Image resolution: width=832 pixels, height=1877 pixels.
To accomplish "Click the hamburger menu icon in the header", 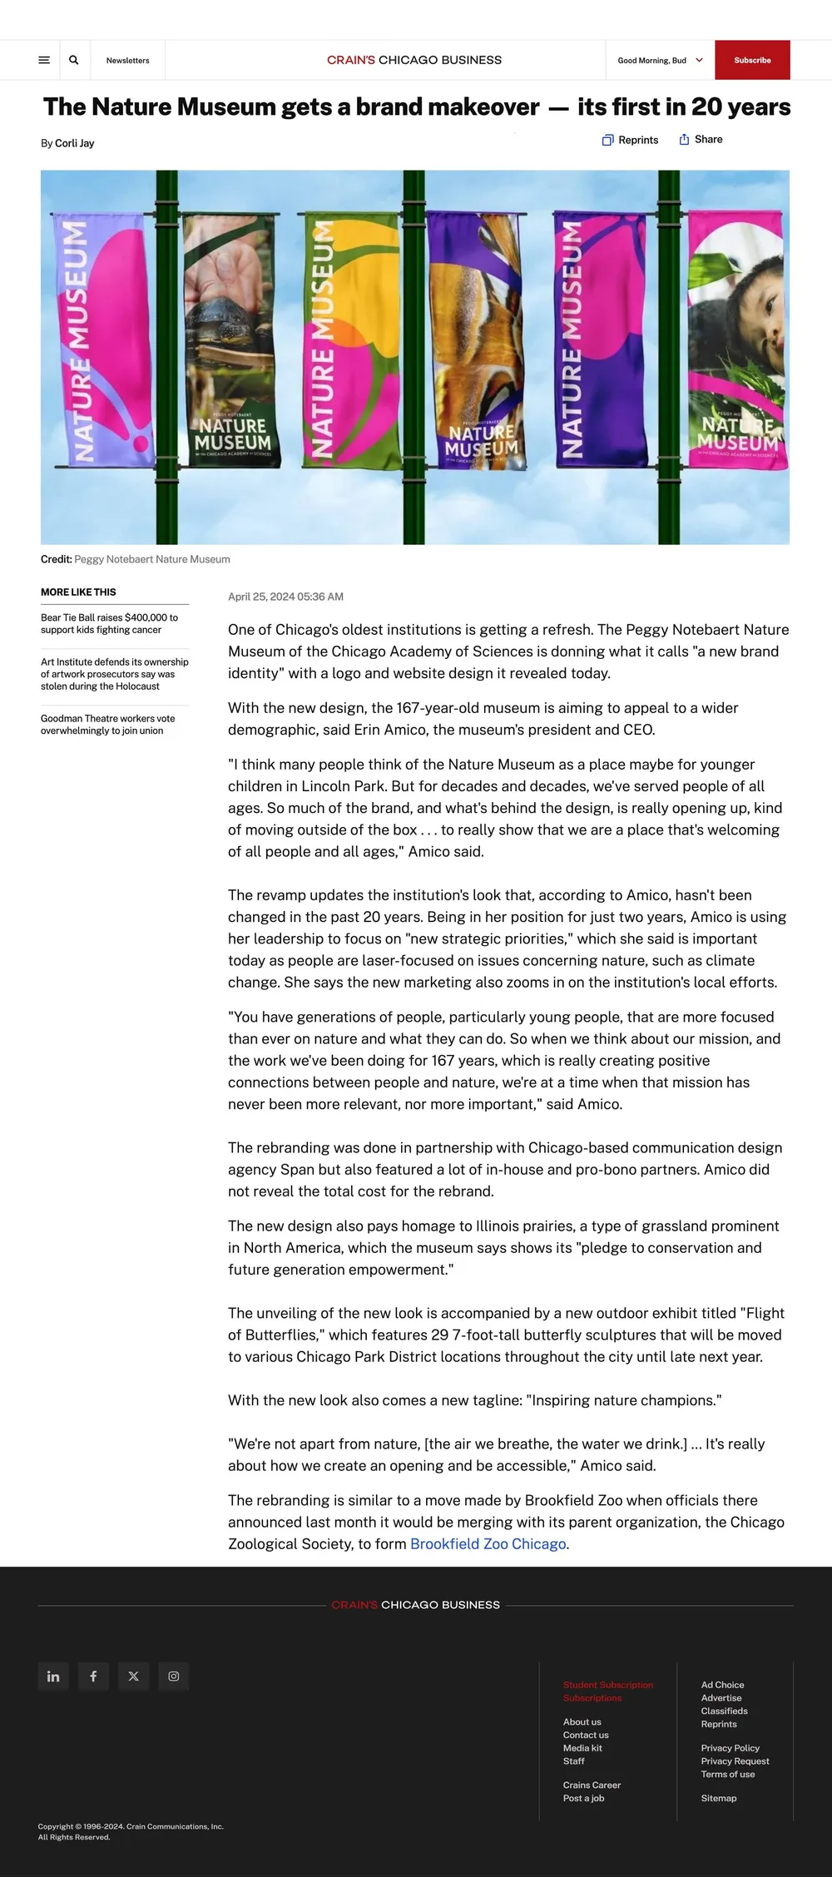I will tap(44, 60).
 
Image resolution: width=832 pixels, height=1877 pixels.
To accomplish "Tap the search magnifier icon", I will tap(74, 60).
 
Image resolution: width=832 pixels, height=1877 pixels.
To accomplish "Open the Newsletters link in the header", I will tap(127, 61).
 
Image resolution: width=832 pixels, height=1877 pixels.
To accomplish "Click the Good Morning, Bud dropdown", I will tap(660, 61).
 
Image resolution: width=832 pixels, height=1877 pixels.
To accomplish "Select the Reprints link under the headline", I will tap(630, 140).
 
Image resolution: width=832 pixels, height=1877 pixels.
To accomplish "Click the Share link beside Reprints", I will tap(701, 140).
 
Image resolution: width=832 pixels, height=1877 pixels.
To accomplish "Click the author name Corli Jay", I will tap(74, 143).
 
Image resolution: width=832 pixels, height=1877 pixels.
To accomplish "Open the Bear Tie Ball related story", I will tap(109, 623).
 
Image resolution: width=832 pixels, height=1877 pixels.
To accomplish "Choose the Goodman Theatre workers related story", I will tap(107, 724).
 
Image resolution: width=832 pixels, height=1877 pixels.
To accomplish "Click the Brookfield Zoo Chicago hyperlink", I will tap(488, 1543).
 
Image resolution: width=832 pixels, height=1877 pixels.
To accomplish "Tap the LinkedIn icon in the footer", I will tap(53, 1676).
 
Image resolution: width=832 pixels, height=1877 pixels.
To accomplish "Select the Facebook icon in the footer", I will tap(93, 1676).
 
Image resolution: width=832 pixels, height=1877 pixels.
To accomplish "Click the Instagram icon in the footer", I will tap(174, 1676).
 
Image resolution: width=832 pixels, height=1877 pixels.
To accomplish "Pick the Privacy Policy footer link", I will tap(730, 1747).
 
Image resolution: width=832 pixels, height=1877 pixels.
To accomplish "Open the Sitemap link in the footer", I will tap(718, 1797).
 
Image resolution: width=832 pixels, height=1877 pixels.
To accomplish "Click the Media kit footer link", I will tap(582, 1747).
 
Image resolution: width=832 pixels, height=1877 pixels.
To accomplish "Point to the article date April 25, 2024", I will tap(285, 597).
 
